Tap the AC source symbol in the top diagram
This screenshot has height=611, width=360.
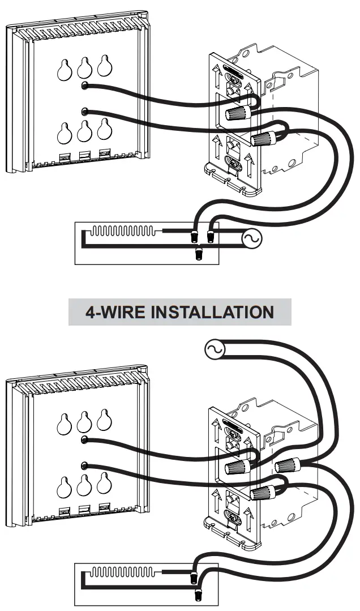[x=251, y=239]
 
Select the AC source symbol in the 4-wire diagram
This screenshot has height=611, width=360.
[x=215, y=351]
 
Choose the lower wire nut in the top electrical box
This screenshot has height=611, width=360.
[x=261, y=138]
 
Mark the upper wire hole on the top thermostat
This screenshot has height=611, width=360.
[x=84, y=86]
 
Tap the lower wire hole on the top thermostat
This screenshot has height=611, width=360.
[x=84, y=111]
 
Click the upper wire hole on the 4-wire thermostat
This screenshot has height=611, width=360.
[x=84, y=440]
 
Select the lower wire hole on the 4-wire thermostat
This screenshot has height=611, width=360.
[x=84, y=465]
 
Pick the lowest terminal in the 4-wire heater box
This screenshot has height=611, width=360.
[x=198, y=595]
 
